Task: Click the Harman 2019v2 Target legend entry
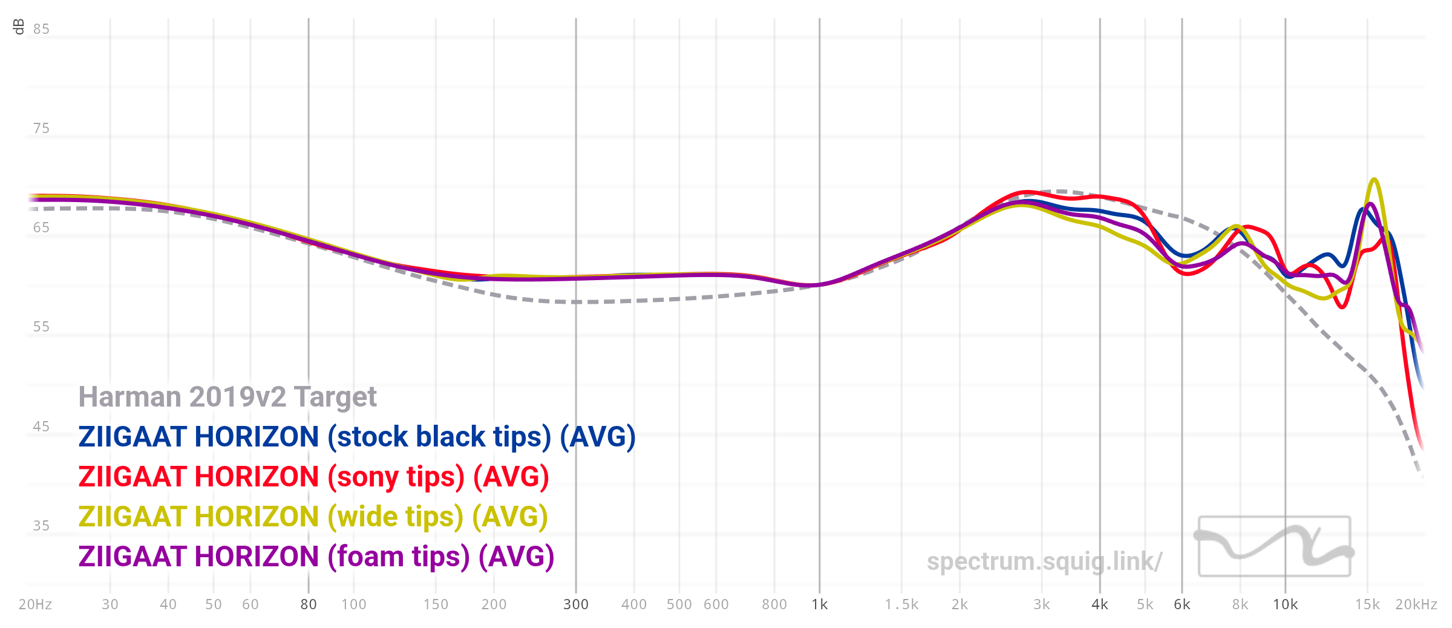tap(227, 397)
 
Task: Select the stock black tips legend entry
tap(357, 437)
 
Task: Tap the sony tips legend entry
tap(313, 477)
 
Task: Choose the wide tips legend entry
tap(313, 517)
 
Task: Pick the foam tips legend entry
tap(316, 557)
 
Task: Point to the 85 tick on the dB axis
tap(41, 29)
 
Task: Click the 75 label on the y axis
tap(41, 128)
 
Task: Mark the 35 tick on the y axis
tap(41, 526)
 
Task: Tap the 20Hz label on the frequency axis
tap(35, 604)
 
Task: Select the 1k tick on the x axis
tap(820, 604)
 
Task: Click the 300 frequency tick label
tap(575, 604)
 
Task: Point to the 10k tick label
tap(1285, 604)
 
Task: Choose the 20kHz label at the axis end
tap(1416, 604)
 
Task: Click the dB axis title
tap(19, 27)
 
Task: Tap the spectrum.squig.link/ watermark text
tap(1044, 561)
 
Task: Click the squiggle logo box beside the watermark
tap(1274, 546)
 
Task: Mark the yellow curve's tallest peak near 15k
tap(1374, 179)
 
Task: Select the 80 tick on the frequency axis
tap(309, 604)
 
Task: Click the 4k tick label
tap(1099, 604)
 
